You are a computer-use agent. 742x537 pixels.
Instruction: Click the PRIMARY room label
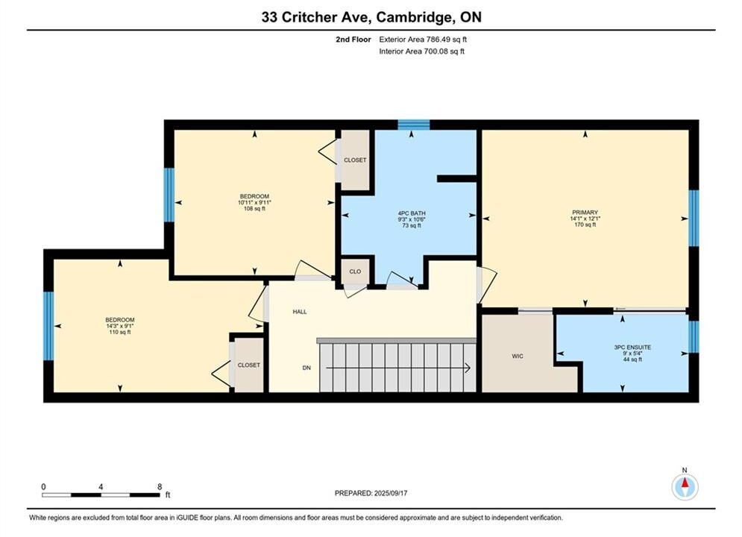point(585,213)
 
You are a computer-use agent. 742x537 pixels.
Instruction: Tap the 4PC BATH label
point(412,213)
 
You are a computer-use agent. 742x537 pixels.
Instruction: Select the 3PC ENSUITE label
point(632,348)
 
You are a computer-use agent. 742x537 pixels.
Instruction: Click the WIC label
point(518,357)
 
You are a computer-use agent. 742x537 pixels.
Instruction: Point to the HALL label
point(300,312)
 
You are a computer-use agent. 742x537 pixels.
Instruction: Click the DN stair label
point(306,368)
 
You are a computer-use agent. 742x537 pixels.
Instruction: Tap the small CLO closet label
point(355,271)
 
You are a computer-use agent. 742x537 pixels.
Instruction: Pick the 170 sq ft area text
point(585,224)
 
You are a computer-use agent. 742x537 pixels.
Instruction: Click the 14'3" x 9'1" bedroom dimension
point(120,326)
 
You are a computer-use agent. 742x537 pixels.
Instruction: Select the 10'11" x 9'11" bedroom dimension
point(254,203)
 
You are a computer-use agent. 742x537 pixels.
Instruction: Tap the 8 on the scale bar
point(160,486)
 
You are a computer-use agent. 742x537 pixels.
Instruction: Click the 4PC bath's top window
point(414,125)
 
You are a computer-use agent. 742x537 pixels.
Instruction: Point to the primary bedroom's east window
point(694,218)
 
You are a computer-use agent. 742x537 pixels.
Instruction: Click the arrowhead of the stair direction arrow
point(468,368)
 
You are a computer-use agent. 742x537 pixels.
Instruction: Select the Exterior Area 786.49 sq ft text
point(423,40)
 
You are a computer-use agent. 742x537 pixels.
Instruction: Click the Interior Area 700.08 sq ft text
point(421,51)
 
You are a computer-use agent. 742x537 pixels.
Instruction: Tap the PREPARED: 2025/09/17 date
point(371,493)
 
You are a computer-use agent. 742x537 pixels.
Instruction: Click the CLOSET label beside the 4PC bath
point(355,160)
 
